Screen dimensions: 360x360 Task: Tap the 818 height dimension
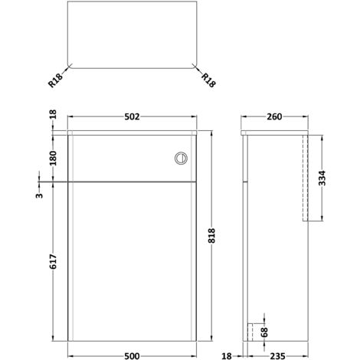217,237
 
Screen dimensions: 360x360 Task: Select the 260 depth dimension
276,117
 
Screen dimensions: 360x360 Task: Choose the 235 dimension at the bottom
279,355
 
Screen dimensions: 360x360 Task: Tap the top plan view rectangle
130,38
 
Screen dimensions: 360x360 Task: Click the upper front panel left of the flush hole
115,157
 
